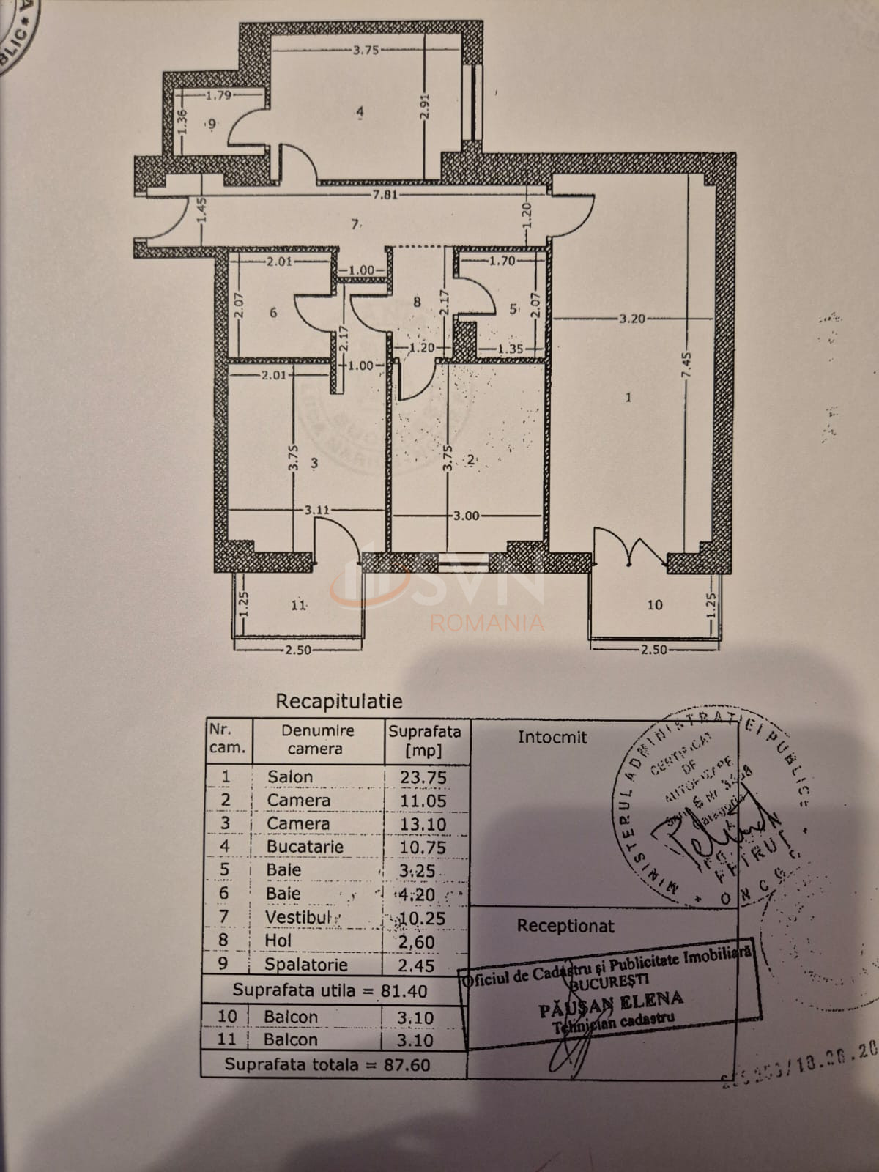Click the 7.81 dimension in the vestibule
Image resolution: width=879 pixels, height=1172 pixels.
(385, 195)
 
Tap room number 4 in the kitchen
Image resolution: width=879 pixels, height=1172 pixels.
(360, 112)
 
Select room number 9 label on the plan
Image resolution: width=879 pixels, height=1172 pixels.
(212, 125)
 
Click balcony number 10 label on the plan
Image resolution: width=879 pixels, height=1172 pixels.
(654, 605)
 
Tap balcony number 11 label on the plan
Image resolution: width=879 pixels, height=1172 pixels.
(298, 605)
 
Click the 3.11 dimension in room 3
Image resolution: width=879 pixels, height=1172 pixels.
(318, 510)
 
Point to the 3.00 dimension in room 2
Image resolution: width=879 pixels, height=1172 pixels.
(466, 516)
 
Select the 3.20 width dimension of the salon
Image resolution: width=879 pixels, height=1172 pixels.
(631, 319)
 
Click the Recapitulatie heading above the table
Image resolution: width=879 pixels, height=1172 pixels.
(338, 701)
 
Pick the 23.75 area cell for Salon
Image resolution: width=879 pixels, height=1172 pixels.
(423, 777)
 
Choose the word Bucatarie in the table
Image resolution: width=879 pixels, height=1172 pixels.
(305, 847)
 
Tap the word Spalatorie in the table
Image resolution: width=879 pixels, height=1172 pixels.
(305, 965)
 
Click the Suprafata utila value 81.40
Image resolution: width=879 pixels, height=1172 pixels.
(404, 991)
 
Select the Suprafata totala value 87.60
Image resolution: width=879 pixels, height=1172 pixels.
(407, 1064)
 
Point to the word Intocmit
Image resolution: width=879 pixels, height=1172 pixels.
(552, 738)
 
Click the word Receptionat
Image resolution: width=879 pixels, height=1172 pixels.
(565, 926)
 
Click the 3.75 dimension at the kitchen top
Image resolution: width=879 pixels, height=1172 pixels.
(366, 51)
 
